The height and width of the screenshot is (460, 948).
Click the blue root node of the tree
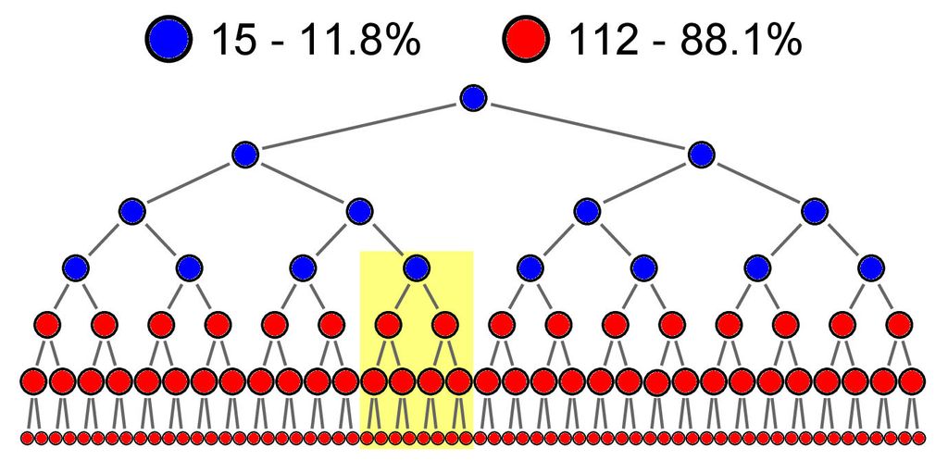coord(473,98)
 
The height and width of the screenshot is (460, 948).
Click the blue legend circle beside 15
coord(168,39)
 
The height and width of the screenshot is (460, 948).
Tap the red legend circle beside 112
coord(526,39)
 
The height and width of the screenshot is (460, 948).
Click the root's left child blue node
coord(245,155)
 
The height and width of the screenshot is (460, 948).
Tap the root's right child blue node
coord(702,155)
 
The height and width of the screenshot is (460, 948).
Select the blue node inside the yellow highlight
coord(417,267)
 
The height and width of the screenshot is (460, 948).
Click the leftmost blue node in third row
coord(131,212)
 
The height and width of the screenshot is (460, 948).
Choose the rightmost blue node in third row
coord(815,212)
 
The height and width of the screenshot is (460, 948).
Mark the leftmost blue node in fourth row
coord(75,267)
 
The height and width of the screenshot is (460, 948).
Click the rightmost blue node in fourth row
coord(871,267)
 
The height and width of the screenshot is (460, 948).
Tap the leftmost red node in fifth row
coord(47,325)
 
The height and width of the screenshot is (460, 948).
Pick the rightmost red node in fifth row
coord(900,325)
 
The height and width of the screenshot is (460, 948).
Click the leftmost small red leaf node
coord(27,438)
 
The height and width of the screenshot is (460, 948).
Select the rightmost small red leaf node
coord(919,438)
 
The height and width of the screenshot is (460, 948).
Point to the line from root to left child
coord(359,126)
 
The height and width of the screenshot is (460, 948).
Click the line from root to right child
coord(588,126)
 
